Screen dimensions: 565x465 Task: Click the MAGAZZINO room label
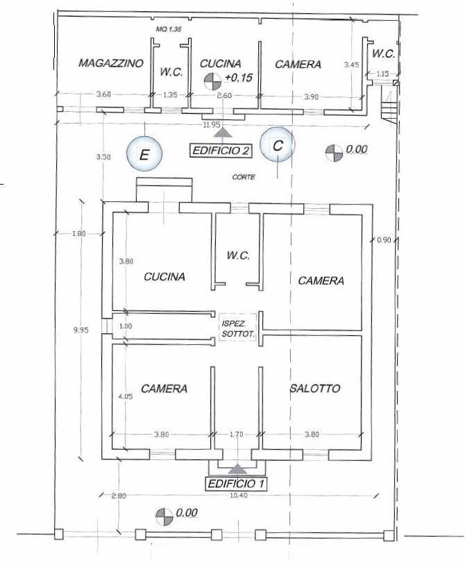pyautogui.click(x=111, y=63)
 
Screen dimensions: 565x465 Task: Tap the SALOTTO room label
pyautogui.click(x=315, y=389)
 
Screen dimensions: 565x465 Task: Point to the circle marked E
pyautogui.click(x=144, y=154)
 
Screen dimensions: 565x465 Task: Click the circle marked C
pyautogui.click(x=278, y=146)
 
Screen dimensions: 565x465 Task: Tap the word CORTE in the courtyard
pyautogui.click(x=244, y=178)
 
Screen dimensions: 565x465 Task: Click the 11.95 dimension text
pyautogui.click(x=212, y=125)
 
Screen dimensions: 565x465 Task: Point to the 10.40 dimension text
pyautogui.click(x=238, y=494)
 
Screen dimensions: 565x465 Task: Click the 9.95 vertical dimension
pyautogui.click(x=81, y=330)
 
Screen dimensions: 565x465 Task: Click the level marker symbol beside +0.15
pyautogui.click(x=211, y=81)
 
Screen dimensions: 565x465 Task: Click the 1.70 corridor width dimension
pyautogui.click(x=237, y=435)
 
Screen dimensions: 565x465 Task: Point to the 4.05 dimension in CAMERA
pyautogui.click(x=125, y=397)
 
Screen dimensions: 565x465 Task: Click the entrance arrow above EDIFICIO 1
pyautogui.click(x=237, y=470)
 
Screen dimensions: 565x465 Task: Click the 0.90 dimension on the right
pyautogui.click(x=384, y=240)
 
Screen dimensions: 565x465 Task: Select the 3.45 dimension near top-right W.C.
pyautogui.click(x=352, y=65)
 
